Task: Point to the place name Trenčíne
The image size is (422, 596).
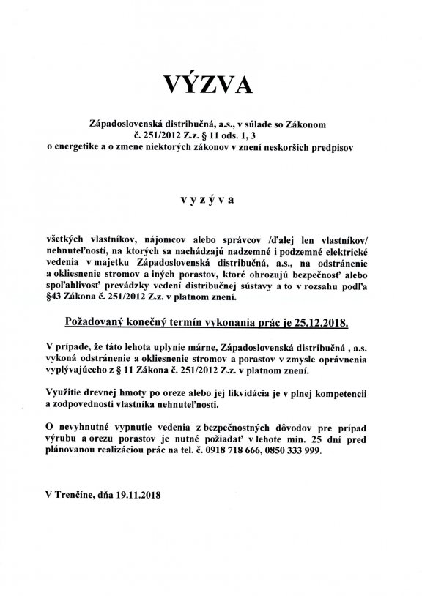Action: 81,493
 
